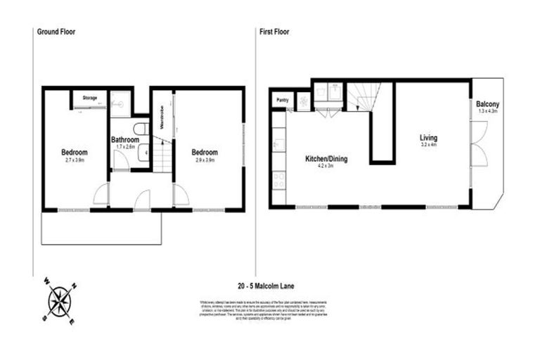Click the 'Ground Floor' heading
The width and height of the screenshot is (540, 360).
pos(56,32)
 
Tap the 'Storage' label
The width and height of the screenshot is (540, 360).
pos(89,98)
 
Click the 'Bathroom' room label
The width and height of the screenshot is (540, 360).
pos(129,140)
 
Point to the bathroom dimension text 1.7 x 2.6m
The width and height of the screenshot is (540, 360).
pos(129,147)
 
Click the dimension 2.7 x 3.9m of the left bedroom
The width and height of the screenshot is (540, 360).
pos(74,160)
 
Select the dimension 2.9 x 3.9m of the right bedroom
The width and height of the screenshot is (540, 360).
pos(205,160)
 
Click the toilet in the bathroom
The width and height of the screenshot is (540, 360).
pos(140,129)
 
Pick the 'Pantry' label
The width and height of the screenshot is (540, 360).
pos(283,100)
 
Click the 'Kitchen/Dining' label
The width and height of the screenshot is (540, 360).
pos(326,159)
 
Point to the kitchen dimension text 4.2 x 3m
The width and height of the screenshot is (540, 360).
pos(326,167)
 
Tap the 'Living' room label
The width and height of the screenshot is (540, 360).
pos(429,138)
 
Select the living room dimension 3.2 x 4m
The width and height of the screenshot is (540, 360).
pos(429,146)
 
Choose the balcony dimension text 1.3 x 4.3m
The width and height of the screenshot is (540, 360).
pos(487,111)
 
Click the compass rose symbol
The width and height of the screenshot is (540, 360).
pos(59,301)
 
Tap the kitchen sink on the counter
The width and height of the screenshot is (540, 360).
pos(278,145)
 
